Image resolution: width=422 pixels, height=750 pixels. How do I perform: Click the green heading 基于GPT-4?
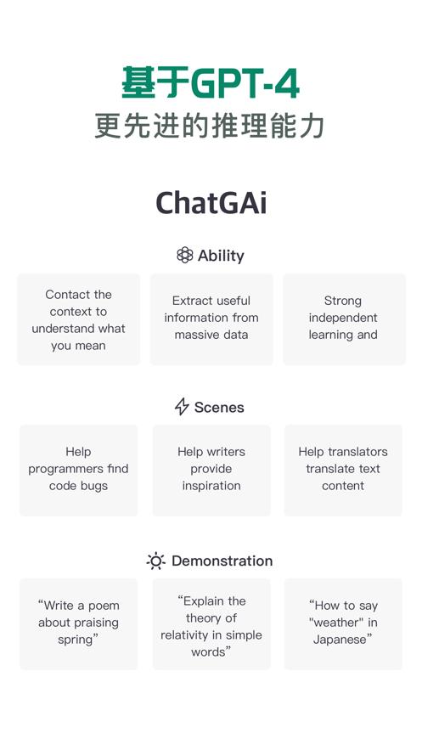tap(211, 83)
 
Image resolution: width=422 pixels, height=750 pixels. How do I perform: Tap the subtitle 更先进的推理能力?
tap(211, 126)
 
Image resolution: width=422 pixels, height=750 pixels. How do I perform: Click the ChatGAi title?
tap(211, 203)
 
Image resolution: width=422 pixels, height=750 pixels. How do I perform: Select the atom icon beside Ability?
tap(184, 255)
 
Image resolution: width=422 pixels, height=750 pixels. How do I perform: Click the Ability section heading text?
tap(221, 256)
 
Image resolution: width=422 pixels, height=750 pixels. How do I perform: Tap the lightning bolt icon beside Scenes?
tap(182, 407)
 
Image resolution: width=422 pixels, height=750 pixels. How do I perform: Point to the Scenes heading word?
tap(219, 408)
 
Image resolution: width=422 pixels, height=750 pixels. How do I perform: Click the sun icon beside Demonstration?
tap(156, 561)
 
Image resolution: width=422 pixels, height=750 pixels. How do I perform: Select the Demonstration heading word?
tap(222, 561)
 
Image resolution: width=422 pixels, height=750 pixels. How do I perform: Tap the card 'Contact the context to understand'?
tap(78, 319)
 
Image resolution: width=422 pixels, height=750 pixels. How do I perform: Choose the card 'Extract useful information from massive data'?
tap(211, 319)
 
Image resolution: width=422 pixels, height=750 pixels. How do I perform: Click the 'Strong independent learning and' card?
tap(343, 319)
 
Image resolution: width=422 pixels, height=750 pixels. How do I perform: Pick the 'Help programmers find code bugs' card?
tap(78, 470)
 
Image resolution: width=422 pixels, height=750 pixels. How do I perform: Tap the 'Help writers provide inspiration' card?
tap(211, 470)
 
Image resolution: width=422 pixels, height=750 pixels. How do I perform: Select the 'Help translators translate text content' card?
tap(343, 470)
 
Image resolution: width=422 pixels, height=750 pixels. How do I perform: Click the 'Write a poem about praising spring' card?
tap(78, 623)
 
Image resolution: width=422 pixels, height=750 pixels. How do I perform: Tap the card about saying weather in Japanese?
tap(343, 623)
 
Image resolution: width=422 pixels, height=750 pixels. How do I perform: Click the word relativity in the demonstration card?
tap(188, 634)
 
